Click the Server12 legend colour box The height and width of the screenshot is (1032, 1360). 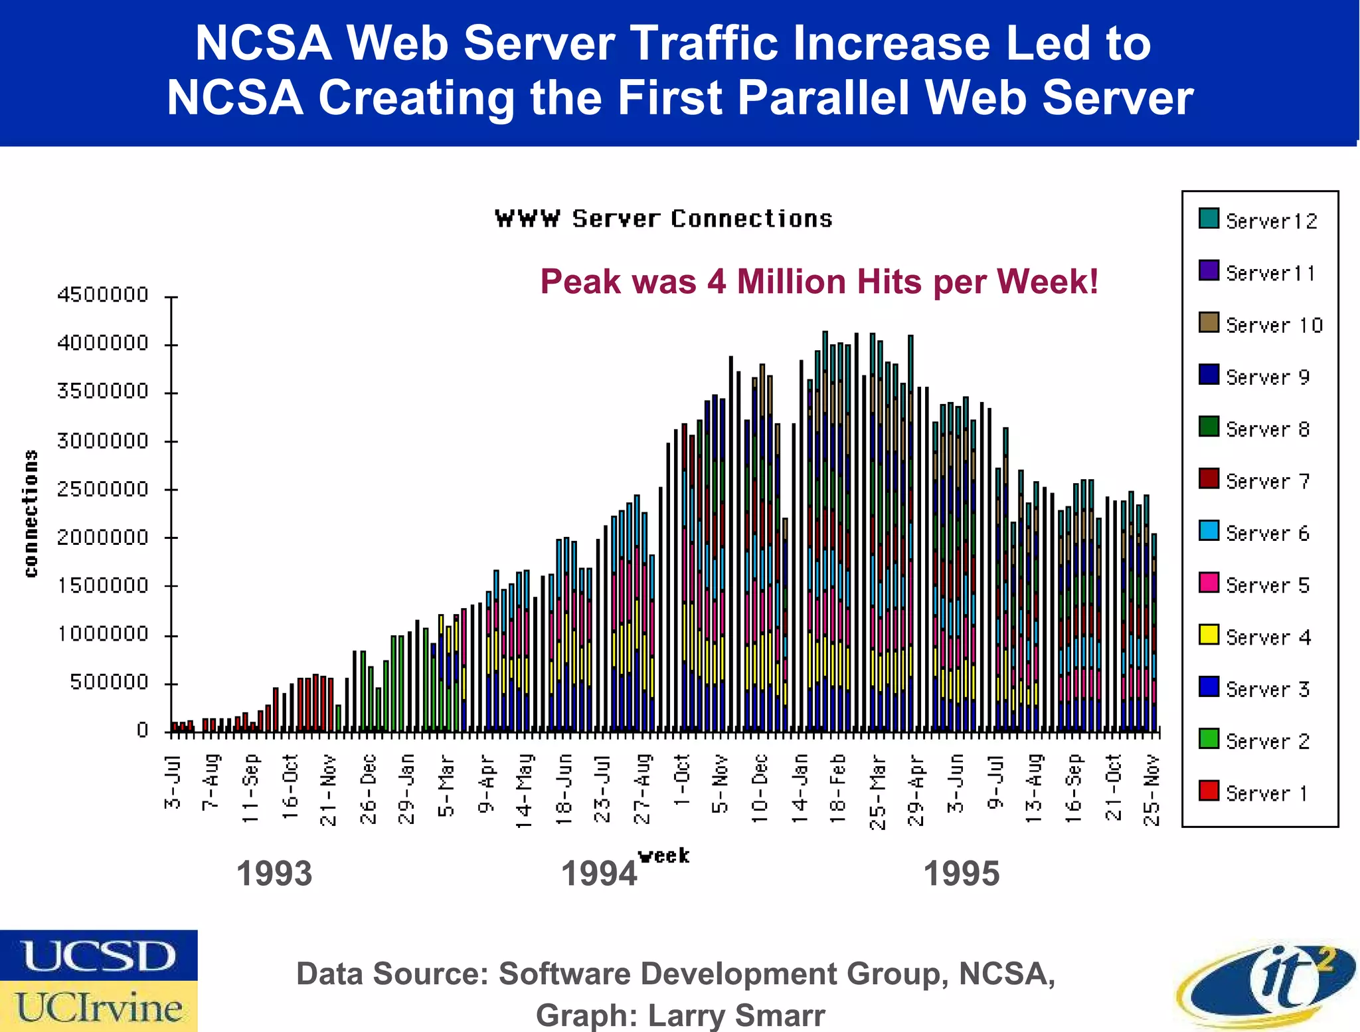pyautogui.click(x=1209, y=219)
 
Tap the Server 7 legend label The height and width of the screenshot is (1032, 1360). pyautogui.click(x=1267, y=481)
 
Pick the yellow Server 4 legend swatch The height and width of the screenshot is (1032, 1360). pyautogui.click(x=1209, y=635)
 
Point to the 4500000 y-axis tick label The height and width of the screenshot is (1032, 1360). pyautogui.click(x=103, y=294)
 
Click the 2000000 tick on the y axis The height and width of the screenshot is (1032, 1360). pyautogui.click(x=103, y=537)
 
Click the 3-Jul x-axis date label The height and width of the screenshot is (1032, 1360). pyautogui.click(x=173, y=782)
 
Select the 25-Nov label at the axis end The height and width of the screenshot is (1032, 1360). pyautogui.click(x=1152, y=790)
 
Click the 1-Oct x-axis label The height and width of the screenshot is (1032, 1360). pyautogui.click(x=681, y=780)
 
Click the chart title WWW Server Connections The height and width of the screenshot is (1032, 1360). pyautogui.click(x=663, y=219)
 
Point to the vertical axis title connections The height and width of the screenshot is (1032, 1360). pyautogui.click(x=31, y=513)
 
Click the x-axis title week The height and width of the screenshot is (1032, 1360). pyautogui.click(x=663, y=855)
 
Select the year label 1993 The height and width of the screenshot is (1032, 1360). pyautogui.click(x=274, y=873)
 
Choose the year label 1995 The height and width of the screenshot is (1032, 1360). pyautogui.click(x=961, y=873)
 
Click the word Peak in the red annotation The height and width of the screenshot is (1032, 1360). pyautogui.click(x=575, y=281)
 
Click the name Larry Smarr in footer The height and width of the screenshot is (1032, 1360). pyautogui.click(x=736, y=1015)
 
